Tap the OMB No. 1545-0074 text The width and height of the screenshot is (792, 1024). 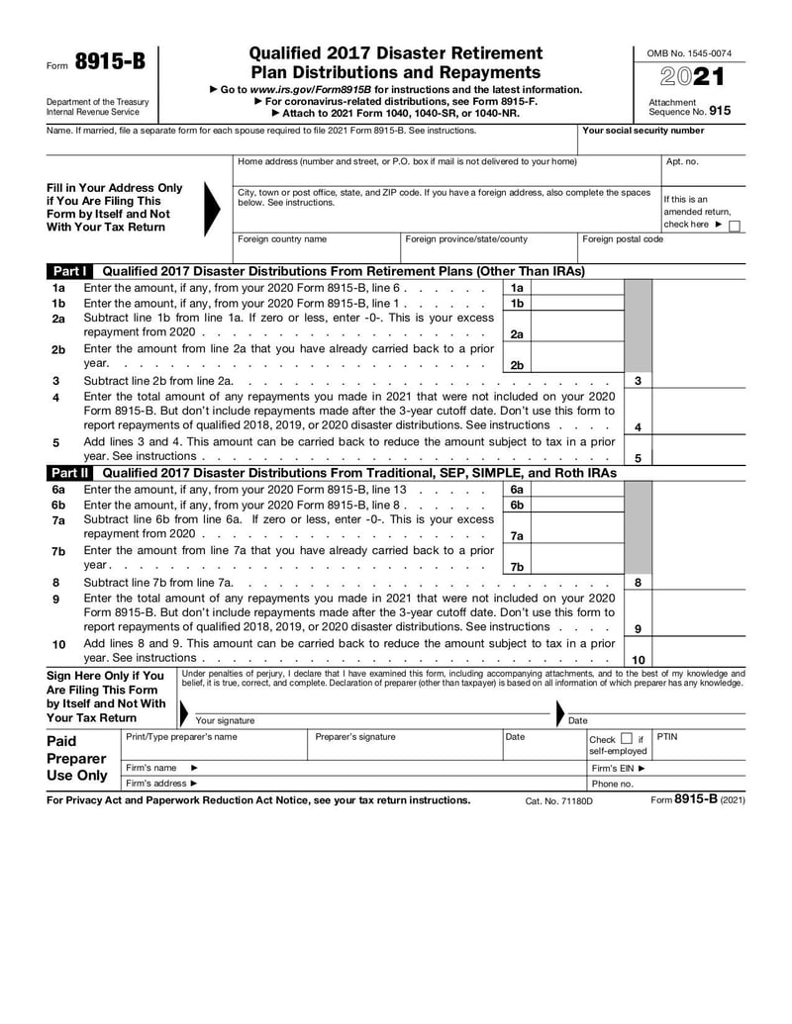690,52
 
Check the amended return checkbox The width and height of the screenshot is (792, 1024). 734,226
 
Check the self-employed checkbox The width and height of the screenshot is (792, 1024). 626,739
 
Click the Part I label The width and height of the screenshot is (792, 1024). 70,271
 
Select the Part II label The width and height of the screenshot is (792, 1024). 70,473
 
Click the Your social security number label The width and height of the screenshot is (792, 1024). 643,131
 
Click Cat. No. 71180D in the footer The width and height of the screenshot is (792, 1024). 558,800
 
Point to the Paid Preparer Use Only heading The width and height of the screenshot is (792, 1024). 77,758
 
